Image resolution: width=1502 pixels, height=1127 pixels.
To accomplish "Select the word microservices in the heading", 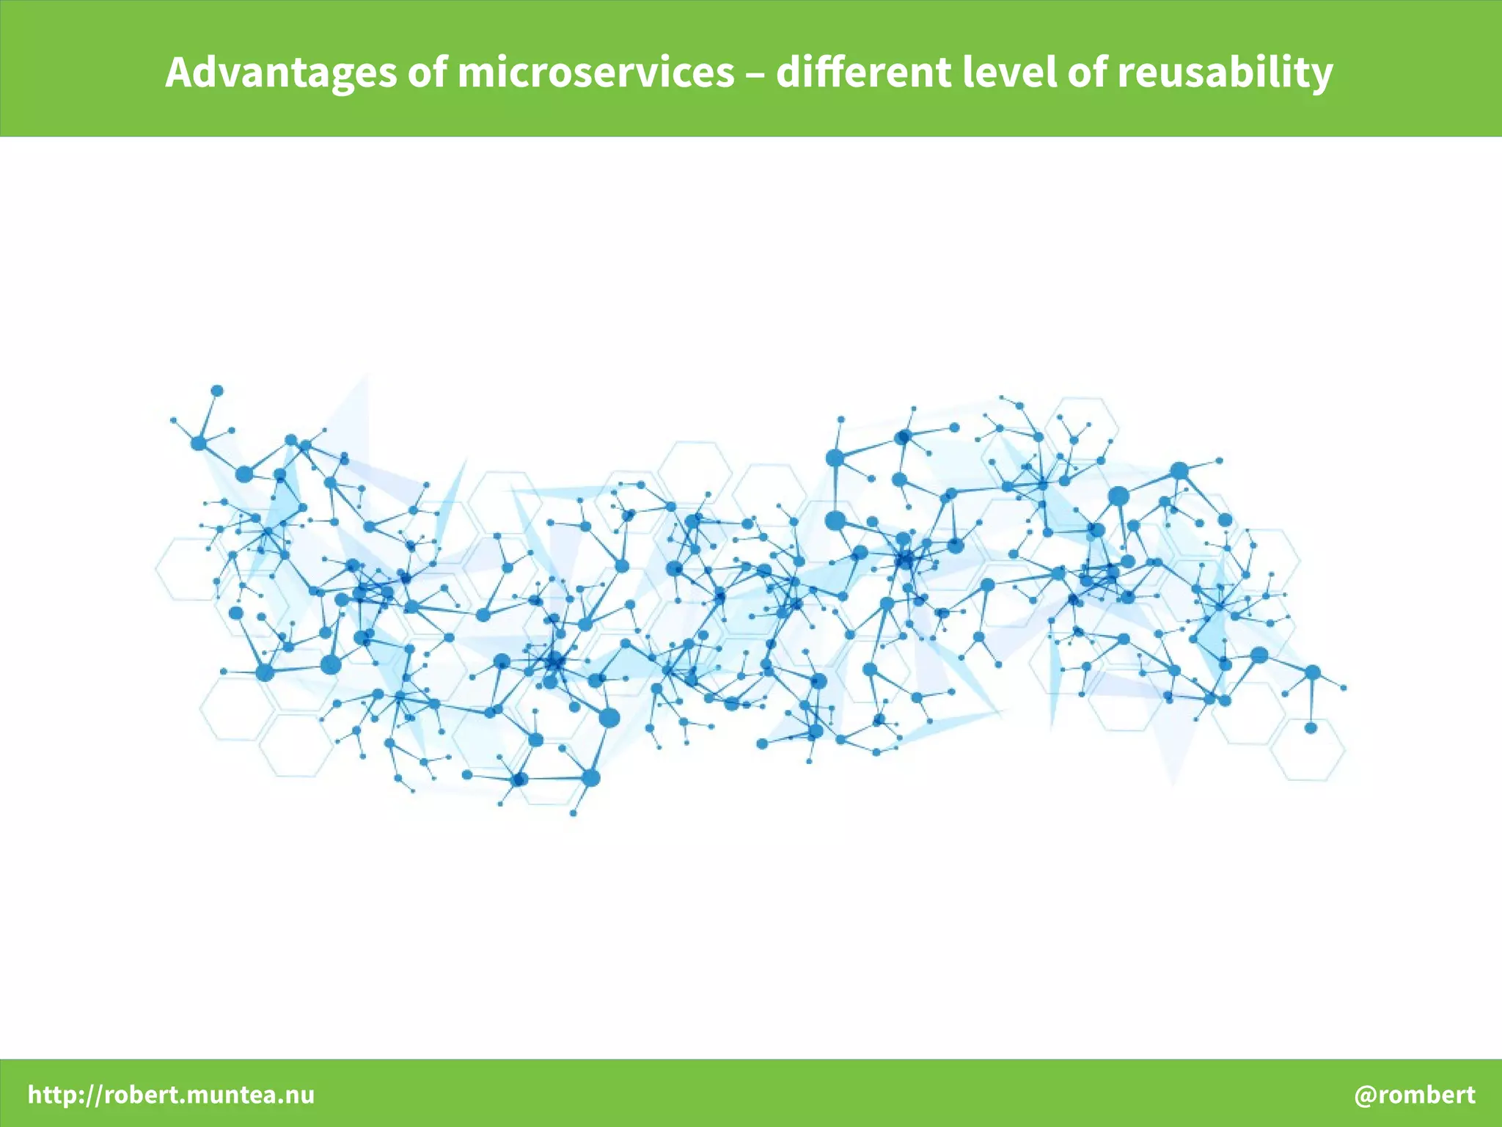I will [x=596, y=73].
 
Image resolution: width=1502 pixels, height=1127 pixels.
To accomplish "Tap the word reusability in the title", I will [x=1225, y=73].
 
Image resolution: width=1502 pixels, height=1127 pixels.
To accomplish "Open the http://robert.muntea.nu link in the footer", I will [x=171, y=1095].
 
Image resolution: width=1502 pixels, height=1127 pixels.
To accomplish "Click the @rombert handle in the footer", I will [x=1414, y=1095].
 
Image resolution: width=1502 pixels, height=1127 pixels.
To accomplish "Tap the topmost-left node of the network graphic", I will [x=217, y=391].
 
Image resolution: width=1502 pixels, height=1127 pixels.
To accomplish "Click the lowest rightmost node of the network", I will [x=1311, y=727].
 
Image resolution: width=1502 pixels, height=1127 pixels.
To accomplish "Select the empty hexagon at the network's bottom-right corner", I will [x=1308, y=749].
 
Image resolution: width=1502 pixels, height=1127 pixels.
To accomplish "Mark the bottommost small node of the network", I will [x=573, y=812].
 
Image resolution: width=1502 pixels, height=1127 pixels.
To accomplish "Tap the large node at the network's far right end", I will [x=1313, y=672].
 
